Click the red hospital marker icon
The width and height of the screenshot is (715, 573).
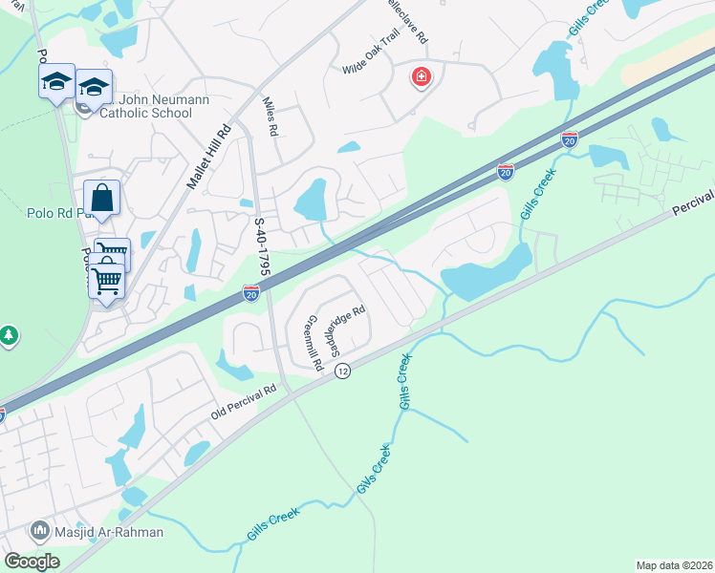pos(421,76)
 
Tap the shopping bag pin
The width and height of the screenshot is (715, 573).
pos(102,199)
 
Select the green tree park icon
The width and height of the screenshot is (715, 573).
pos(9,335)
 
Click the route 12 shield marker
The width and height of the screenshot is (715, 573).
pos(343,371)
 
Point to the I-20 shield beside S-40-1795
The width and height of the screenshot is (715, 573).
pos(251,294)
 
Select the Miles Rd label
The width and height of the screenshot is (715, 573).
pos(270,115)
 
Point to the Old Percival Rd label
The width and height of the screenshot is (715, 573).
pos(244,402)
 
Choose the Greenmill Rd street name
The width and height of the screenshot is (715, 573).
pos(312,338)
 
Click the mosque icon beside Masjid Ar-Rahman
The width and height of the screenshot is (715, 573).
pos(40,528)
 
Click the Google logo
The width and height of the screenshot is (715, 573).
pos(32,561)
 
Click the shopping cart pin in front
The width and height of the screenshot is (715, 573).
pos(107,281)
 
